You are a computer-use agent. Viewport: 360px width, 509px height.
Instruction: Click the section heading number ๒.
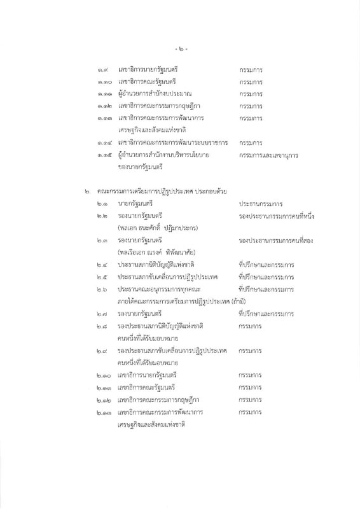pyautogui.click(x=88, y=191)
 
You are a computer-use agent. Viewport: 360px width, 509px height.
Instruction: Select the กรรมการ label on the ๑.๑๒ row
pyautogui.click(x=251, y=106)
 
